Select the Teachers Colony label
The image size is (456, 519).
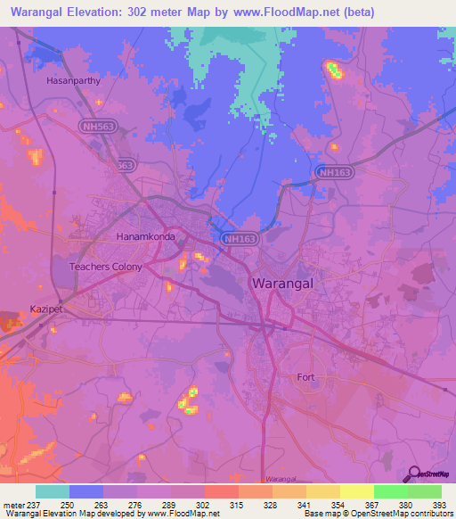(x=106, y=267)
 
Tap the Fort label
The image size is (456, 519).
(x=306, y=377)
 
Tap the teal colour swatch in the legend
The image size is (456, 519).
(x=53, y=491)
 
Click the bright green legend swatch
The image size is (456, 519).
(x=424, y=491)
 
